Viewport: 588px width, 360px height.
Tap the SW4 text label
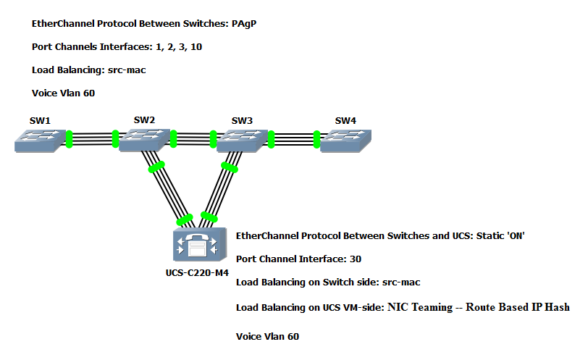(346, 120)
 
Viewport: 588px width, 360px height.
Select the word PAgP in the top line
(243, 24)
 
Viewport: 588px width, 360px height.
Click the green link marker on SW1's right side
(70, 138)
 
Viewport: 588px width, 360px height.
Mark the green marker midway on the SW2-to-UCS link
(156, 167)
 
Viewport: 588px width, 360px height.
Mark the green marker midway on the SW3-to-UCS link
(230, 168)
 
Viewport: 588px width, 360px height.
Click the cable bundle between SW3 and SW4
(294, 138)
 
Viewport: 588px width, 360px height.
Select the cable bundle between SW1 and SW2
(93, 138)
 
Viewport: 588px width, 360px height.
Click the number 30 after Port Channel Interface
(355, 259)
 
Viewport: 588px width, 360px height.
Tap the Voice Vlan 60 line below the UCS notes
(267, 336)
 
